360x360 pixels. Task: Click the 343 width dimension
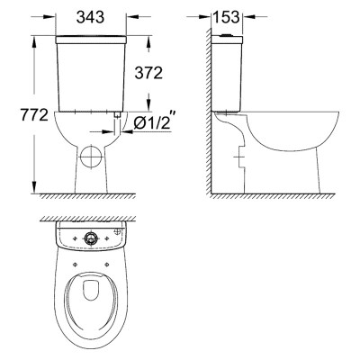tap(90, 17)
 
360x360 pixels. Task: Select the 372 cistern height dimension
tap(148, 73)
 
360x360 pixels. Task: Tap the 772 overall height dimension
tap(34, 114)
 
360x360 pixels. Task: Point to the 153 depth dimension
tap(227, 17)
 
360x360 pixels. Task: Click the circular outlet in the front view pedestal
tap(91, 157)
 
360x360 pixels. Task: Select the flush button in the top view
tap(89, 238)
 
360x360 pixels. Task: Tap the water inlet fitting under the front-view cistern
tap(118, 114)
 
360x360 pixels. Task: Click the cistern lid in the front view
tap(91, 40)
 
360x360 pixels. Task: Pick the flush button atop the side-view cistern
tap(227, 35)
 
